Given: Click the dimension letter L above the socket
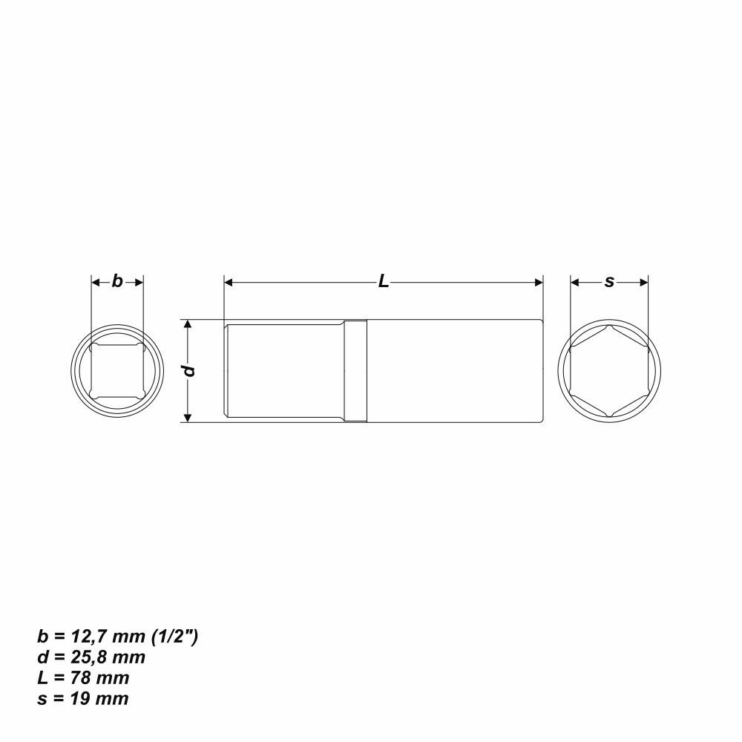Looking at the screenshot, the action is [384, 281].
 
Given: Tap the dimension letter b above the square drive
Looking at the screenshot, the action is [117, 281].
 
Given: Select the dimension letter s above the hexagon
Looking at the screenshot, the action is [609, 282].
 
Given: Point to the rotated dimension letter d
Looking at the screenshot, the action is [189, 370].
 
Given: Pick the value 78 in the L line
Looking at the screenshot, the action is [80, 678].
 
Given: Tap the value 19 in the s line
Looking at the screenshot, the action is [80, 699].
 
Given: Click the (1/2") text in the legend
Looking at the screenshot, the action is [174, 637].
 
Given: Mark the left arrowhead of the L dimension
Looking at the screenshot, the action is [229, 283].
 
